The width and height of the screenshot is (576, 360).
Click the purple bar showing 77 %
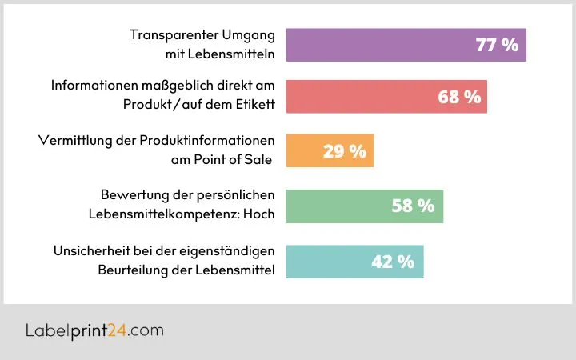384,45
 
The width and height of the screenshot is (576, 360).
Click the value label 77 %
497,45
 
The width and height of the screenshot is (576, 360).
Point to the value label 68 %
459,97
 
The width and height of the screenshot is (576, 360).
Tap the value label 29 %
344,151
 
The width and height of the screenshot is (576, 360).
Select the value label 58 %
413,206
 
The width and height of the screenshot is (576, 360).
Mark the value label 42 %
393,261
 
